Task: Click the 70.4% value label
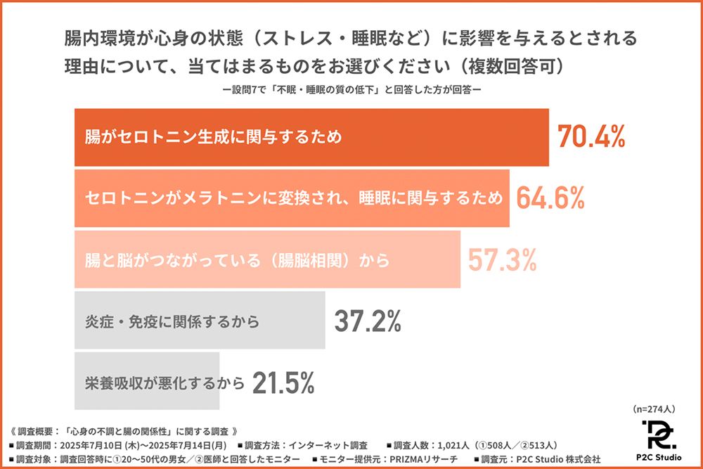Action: (591, 137)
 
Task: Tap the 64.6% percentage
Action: (550, 198)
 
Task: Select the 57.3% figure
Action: (502, 260)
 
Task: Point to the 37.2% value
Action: (367, 321)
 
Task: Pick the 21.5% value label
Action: (283, 383)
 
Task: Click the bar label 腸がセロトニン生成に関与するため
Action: (213, 136)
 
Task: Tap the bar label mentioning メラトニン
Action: (294, 198)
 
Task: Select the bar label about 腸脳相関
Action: (236, 260)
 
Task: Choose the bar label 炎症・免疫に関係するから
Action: (172, 322)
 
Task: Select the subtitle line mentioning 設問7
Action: (351, 91)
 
